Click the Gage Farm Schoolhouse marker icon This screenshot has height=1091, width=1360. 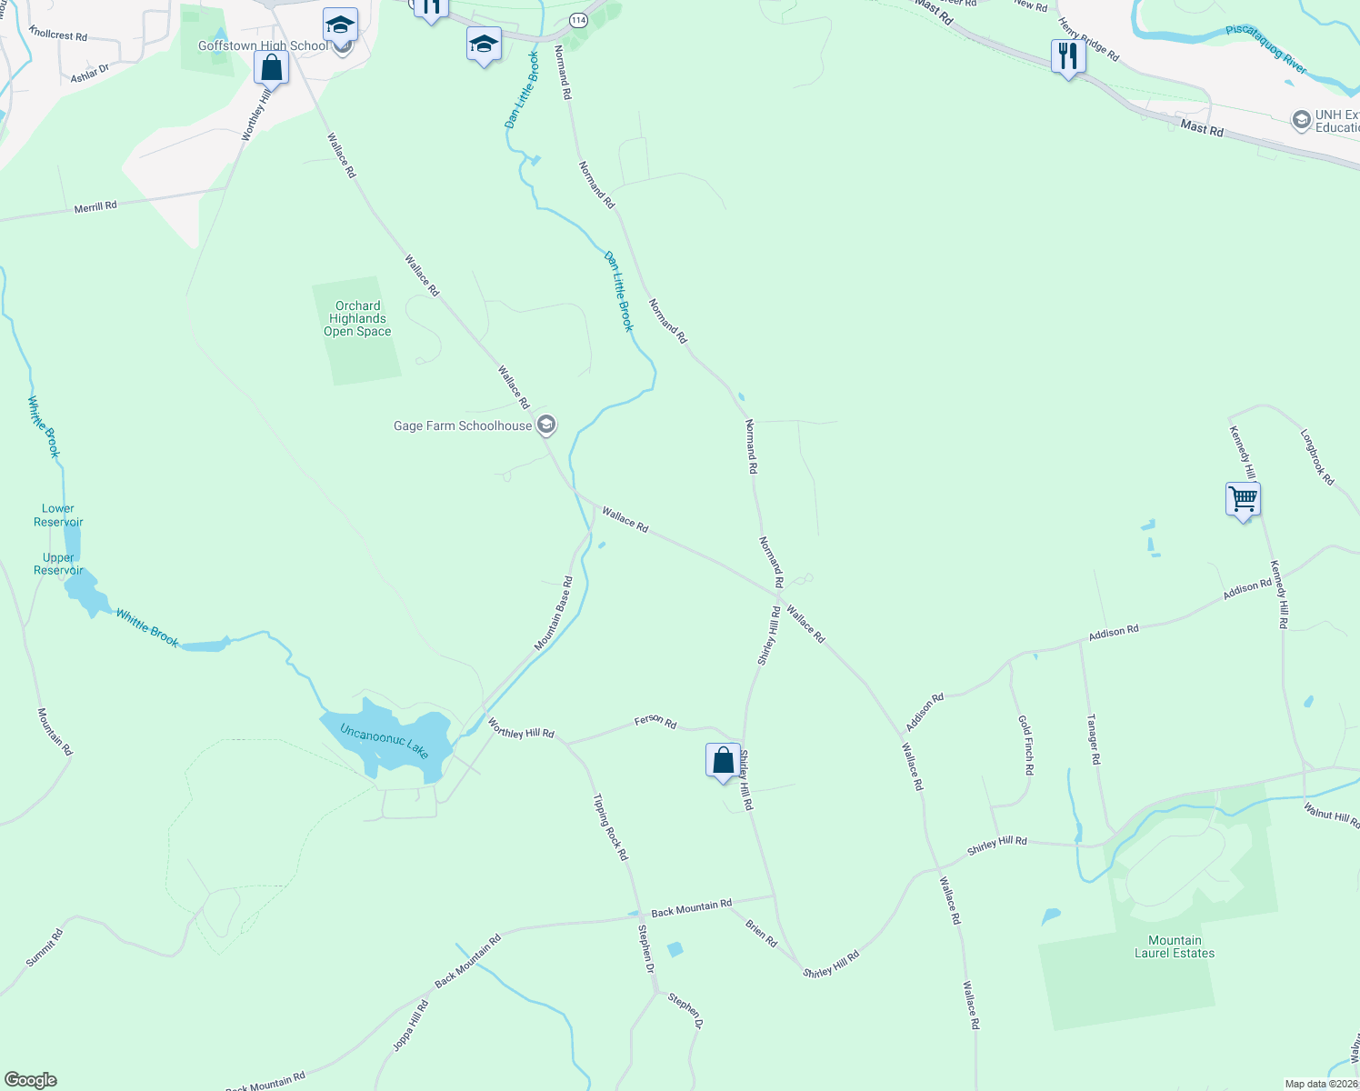point(546,425)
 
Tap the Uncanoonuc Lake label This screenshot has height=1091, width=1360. point(384,741)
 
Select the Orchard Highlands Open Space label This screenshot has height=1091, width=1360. point(357,319)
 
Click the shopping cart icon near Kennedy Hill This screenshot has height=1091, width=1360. point(1242,499)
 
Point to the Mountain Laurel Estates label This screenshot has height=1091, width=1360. point(1174,947)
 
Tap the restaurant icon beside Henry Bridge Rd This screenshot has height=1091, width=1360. point(1067,57)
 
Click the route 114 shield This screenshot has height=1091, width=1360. point(578,19)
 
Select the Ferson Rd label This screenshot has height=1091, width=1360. point(655,722)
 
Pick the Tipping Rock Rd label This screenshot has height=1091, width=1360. point(610,827)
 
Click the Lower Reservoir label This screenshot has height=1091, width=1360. point(58,515)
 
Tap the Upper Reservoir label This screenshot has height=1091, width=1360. point(58,565)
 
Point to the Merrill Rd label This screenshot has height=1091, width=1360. point(95,207)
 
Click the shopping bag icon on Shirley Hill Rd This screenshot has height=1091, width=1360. point(723,761)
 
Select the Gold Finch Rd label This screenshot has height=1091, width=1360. point(1025,745)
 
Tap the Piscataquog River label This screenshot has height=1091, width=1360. point(1265,49)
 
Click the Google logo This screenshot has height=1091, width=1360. point(31,1080)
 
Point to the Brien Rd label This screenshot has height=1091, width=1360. point(761,934)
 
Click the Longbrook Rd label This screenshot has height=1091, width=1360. point(1317,457)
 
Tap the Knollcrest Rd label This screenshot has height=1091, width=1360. point(58,35)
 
